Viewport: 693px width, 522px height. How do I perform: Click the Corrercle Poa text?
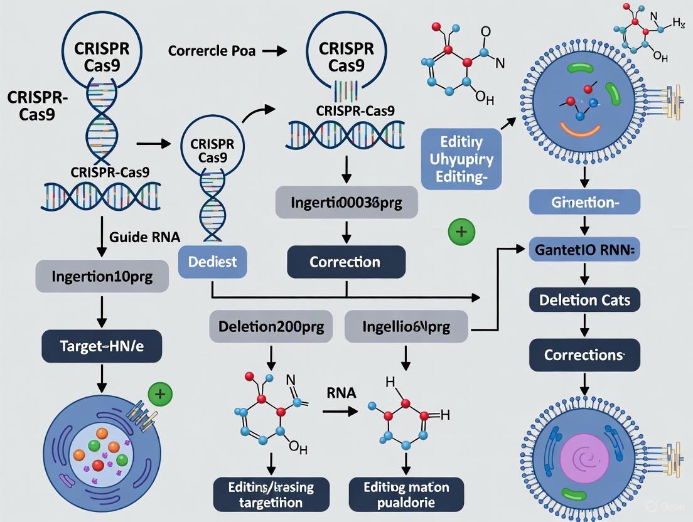coord(212,51)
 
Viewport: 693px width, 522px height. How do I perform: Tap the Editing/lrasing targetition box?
coord(272,494)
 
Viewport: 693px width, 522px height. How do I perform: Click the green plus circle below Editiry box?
coord(461,232)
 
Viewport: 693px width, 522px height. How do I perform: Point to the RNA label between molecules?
coord(341,393)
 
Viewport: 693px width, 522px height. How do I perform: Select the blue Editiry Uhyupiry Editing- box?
coord(462,159)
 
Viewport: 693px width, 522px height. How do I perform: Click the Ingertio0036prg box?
coord(346,203)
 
